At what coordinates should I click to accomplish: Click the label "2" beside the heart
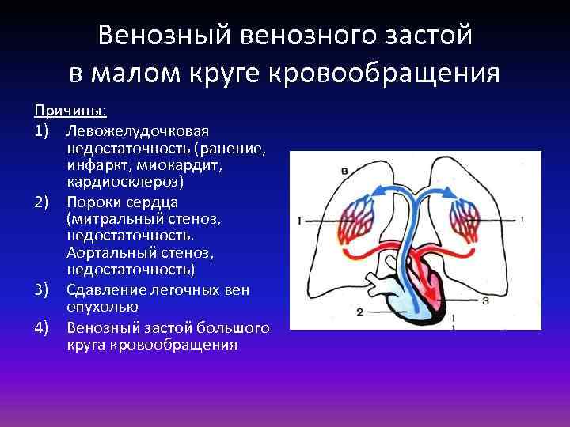tap(359, 312)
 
